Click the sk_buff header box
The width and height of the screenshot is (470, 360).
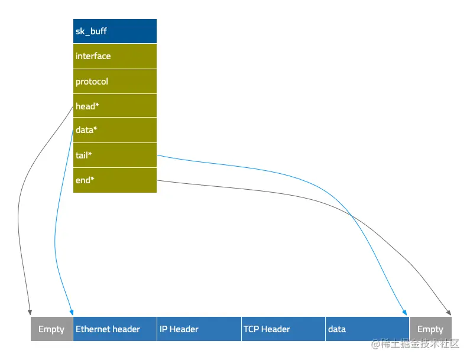click(x=115, y=31)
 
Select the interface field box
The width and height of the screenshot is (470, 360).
click(x=115, y=56)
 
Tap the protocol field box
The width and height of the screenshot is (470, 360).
click(x=115, y=82)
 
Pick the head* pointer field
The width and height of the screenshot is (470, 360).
click(x=115, y=106)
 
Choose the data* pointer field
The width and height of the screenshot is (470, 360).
click(x=115, y=130)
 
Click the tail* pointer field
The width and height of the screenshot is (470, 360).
click(x=115, y=155)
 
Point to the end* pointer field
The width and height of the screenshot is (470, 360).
click(x=115, y=180)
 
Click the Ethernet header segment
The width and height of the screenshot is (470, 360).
click(x=115, y=329)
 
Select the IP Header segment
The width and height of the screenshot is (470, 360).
click(x=199, y=329)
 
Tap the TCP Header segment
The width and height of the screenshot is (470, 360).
click(x=283, y=329)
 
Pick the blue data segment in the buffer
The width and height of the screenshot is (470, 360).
click(x=367, y=329)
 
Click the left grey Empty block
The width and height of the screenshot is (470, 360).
click(x=51, y=329)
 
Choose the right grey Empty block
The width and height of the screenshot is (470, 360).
click(x=430, y=329)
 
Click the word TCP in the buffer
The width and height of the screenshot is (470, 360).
click(x=251, y=329)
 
